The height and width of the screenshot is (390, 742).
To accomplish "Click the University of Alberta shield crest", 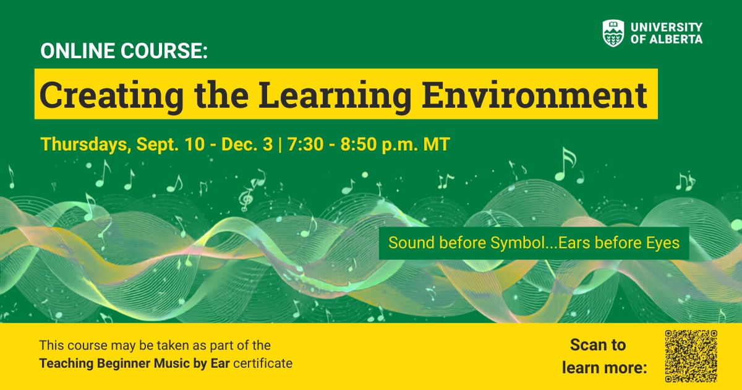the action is click(613, 33).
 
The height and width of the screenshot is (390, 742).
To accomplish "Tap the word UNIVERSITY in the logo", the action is click(667, 27).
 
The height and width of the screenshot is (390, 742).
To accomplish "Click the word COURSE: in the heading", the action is click(164, 51).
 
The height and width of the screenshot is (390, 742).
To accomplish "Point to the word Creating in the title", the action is click(111, 95).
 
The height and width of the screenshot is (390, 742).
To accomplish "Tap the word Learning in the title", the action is click(335, 95).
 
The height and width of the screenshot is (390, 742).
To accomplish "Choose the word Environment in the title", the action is click(534, 95).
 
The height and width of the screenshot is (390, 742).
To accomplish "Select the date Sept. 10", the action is click(171, 144).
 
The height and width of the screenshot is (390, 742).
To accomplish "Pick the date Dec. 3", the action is click(247, 144).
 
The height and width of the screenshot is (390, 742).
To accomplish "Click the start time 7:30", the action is click(305, 144).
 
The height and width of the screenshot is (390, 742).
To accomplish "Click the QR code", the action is click(691, 356).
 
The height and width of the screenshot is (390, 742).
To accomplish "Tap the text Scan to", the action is click(598, 345).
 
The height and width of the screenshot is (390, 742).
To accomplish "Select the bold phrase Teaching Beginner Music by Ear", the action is click(135, 363).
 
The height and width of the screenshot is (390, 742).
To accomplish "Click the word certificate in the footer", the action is click(263, 363).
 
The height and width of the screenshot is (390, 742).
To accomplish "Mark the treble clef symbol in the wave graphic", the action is click(245, 199).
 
